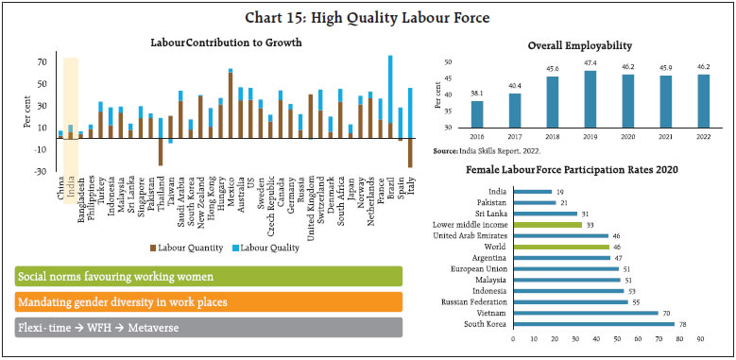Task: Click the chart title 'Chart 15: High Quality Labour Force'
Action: coord(368,16)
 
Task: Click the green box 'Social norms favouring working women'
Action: coord(208,276)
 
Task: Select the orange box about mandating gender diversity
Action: coord(208,301)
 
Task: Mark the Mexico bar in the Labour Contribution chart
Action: coord(230,104)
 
